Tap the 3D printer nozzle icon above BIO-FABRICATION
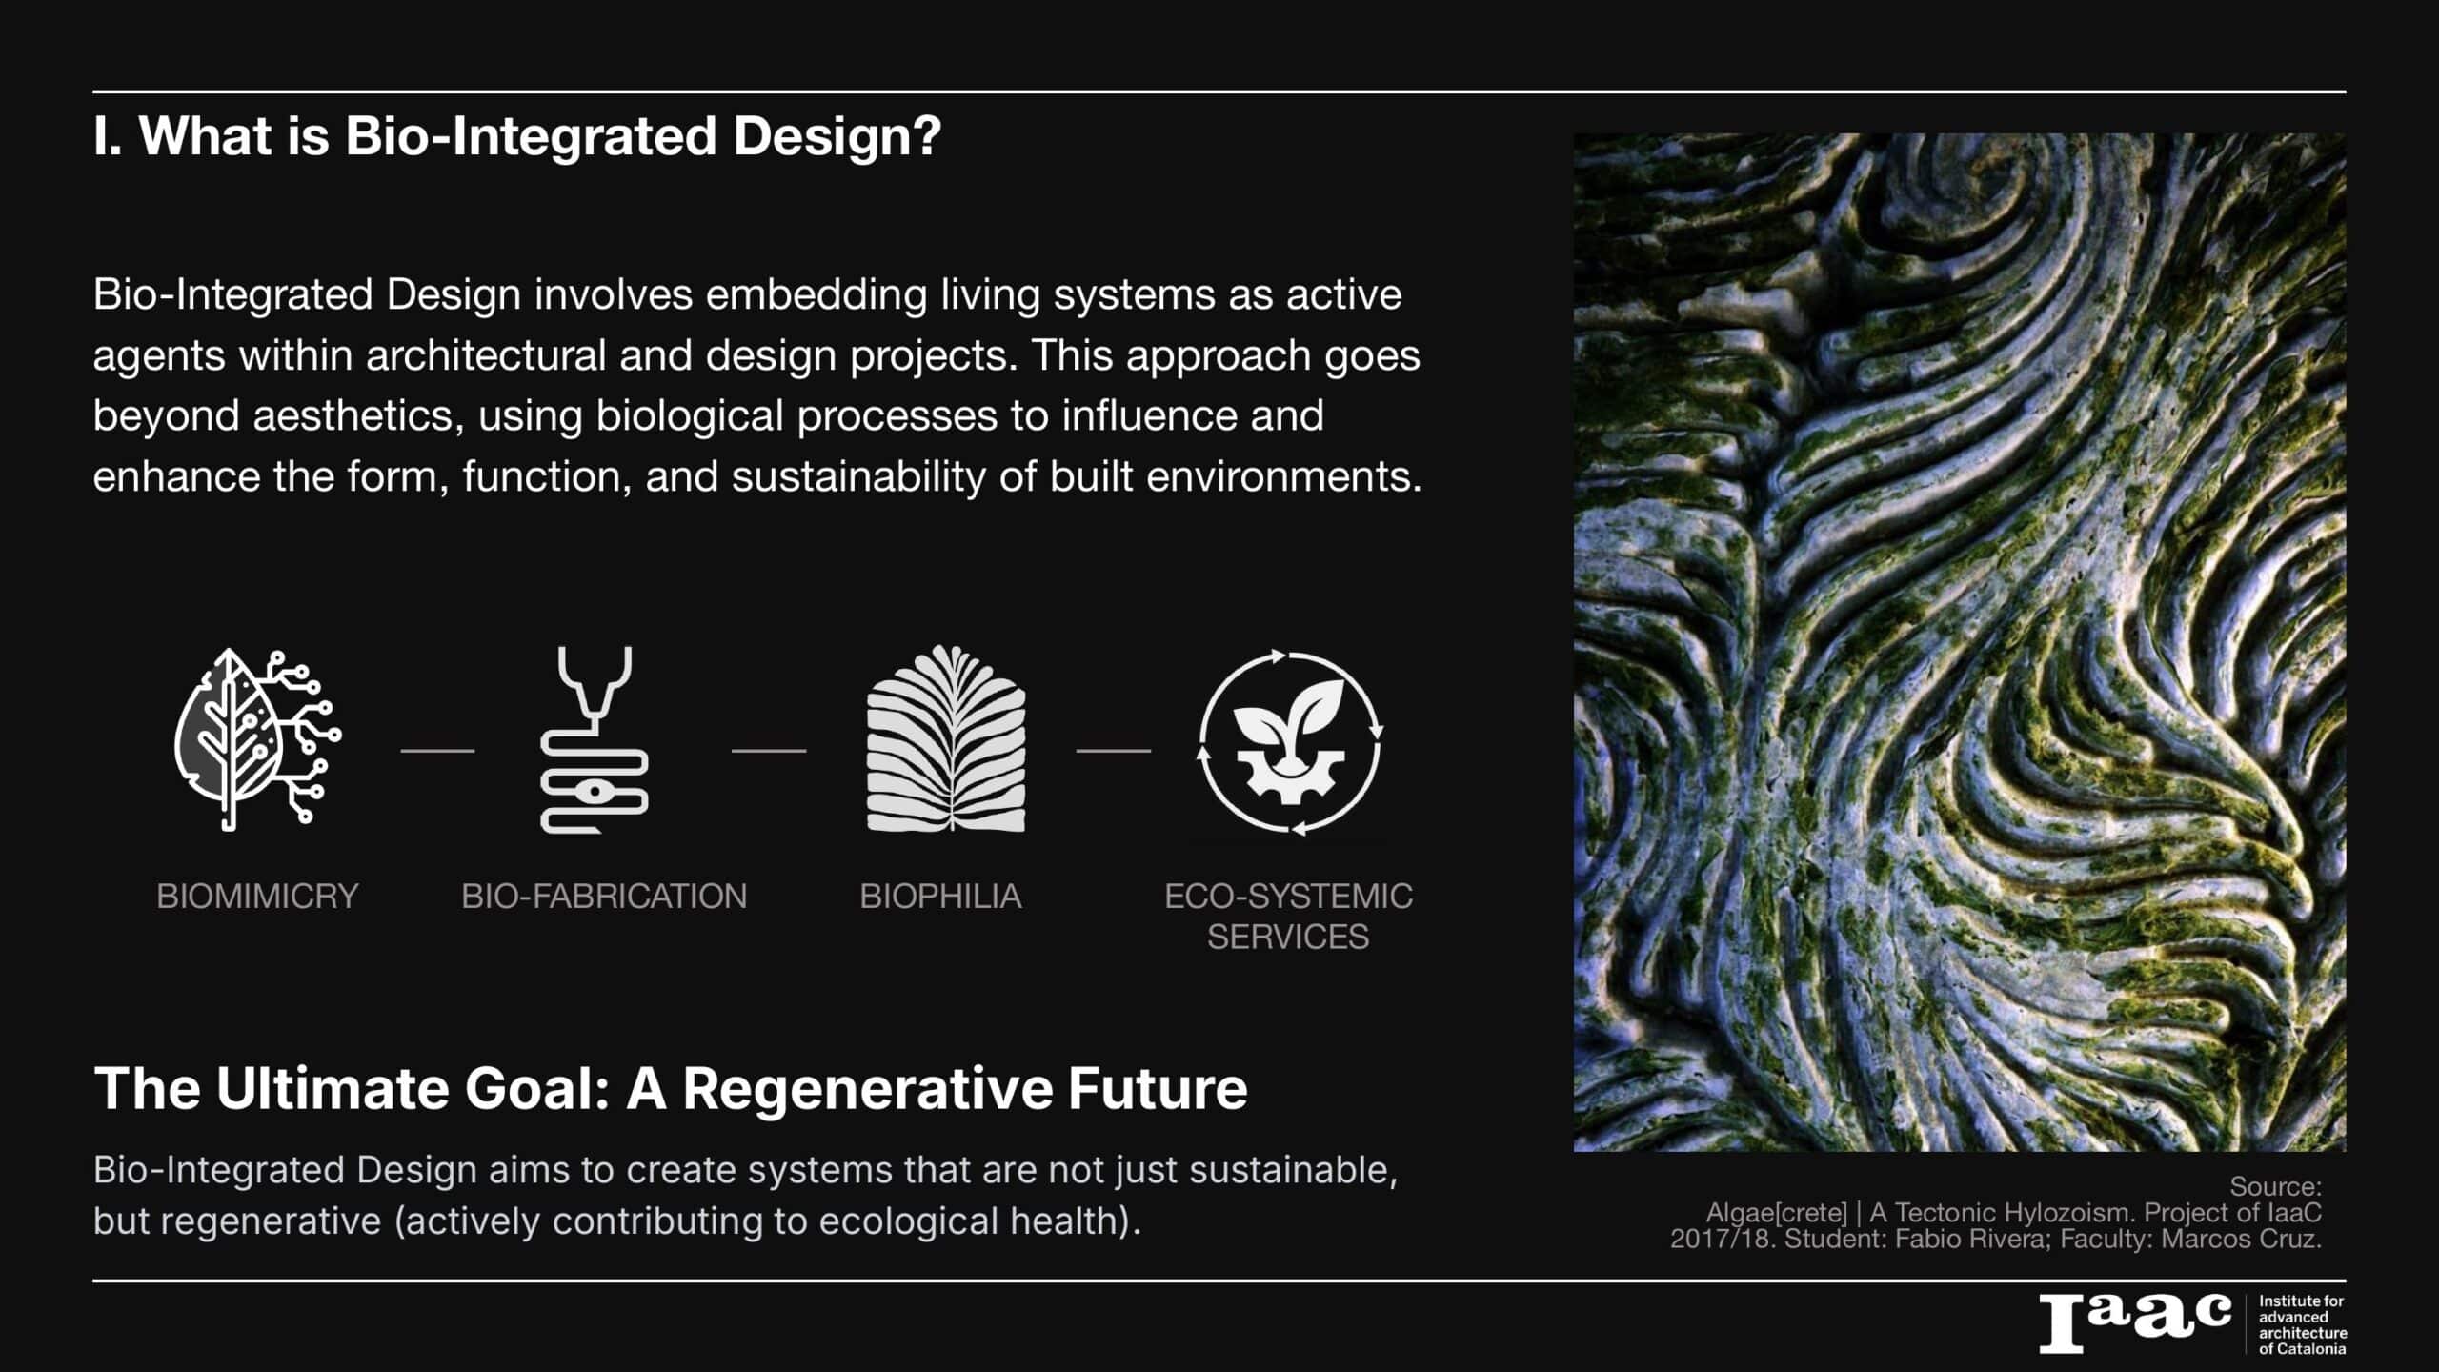click(595, 739)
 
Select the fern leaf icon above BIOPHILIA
click(946, 739)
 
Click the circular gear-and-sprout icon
click(1289, 742)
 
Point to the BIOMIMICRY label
click(257, 897)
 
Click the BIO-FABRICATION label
click(604, 897)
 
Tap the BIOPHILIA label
click(940, 897)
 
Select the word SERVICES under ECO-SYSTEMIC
click(1288, 938)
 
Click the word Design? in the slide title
click(837, 136)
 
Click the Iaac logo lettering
click(2135, 1323)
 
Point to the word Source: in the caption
click(2275, 1187)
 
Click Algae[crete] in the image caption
click(1777, 1213)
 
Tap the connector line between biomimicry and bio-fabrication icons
click(437, 751)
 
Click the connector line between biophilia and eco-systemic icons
click(1114, 751)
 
